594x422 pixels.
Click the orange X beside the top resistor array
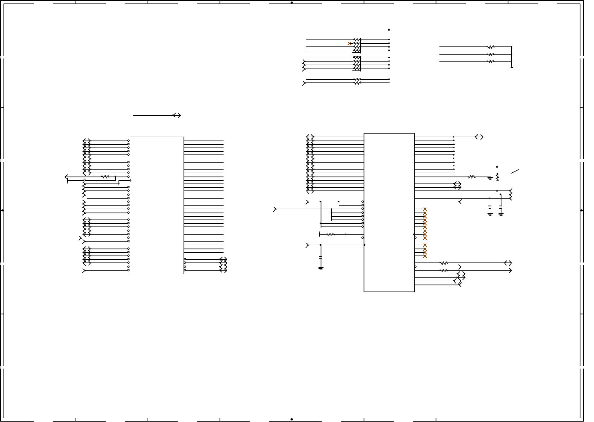tap(350, 44)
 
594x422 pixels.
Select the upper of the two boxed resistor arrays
tap(357, 45)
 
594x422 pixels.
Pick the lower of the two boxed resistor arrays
tap(357, 63)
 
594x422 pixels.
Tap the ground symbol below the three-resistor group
tap(512, 67)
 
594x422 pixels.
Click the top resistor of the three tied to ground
tap(490, 47)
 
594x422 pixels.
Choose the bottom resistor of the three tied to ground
tap(490, 61)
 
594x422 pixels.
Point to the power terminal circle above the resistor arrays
tap(389, 29)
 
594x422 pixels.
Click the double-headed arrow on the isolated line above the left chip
tap(177, 115)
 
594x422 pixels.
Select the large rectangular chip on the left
tap(157, 205)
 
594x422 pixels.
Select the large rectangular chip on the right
tap(389, 213)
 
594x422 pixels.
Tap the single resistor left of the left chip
tap(105, 177)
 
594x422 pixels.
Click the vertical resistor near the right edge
tap(497, 177)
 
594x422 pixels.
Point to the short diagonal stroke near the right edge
tap(515, 171)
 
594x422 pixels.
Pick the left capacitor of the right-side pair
tap(490, 209)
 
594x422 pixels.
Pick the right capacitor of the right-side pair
tap(501, 209)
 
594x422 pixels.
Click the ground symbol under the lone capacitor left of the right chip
tap(321, 268)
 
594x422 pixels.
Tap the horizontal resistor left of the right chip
tap(331, 234)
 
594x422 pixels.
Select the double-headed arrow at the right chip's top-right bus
tap(479, 137)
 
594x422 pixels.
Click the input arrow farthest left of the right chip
tap(275, 209)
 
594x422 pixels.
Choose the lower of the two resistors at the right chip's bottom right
tap(444, 270)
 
